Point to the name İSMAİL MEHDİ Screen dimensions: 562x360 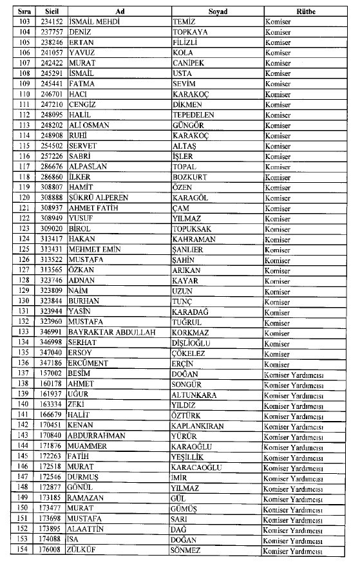[x=94, y=22]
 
